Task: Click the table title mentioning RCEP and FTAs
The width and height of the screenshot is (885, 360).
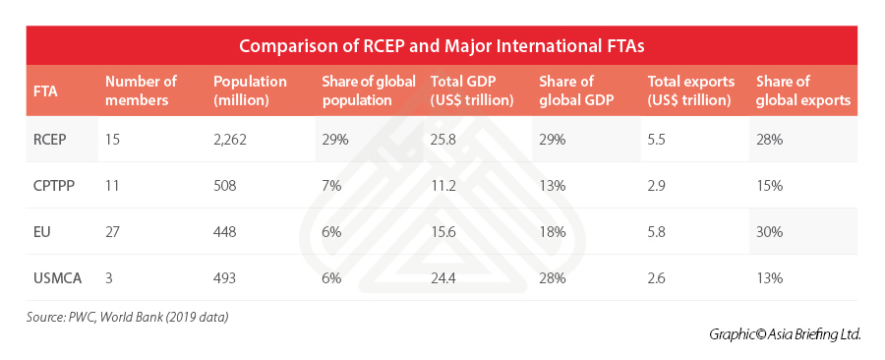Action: (x=442, y=45)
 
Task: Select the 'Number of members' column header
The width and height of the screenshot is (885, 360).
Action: (x=141, y=90)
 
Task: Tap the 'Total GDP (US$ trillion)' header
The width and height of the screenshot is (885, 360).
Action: (x=472, y=90)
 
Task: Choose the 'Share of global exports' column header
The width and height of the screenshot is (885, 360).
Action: (x=803, y=90)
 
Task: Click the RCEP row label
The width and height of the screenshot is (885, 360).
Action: (x=51, y=140)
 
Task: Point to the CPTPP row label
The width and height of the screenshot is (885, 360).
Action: (x=55, y=186)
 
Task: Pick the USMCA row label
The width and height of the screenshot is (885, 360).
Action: (x=58, y=278)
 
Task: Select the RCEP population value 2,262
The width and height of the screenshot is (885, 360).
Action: (x=230, y=140)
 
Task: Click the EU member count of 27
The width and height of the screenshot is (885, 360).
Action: (x=112, y=232)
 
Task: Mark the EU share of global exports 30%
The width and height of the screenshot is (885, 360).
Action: (x=769, y=232)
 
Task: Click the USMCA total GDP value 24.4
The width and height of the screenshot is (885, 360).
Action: (x=443, y=278)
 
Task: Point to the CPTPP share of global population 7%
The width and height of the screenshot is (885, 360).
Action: (x=331, y=186)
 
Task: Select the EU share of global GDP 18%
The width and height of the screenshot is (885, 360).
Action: (x=552, y=232)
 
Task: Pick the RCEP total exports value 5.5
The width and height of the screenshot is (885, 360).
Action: (x=657, y=140)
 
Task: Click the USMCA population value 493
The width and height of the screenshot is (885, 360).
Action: (x=224, y=278)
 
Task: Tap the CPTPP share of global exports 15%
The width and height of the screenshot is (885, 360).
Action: (x=769, y=186)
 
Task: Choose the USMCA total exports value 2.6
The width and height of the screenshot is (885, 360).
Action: (x=657, y=278)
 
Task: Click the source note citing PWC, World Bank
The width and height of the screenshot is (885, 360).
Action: (x=127, y=317)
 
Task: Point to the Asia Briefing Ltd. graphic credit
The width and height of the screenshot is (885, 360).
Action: (x=785, y=334)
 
